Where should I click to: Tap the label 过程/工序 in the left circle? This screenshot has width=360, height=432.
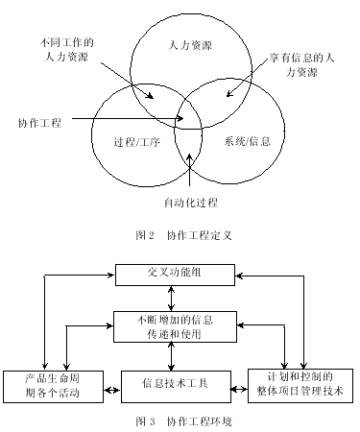coord(133,143)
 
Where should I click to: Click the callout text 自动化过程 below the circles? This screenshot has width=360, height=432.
coord(192,203)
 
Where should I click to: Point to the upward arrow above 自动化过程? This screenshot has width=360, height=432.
coord(190,178)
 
